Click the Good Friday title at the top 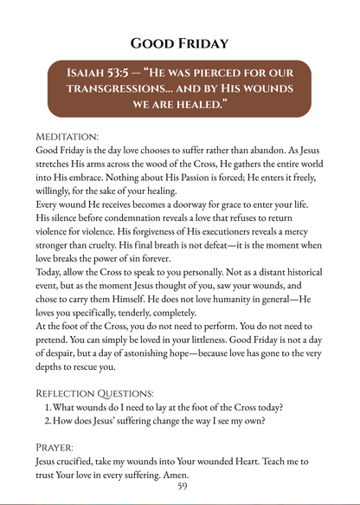tap(179, 42)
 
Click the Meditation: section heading tap(67, 137)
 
